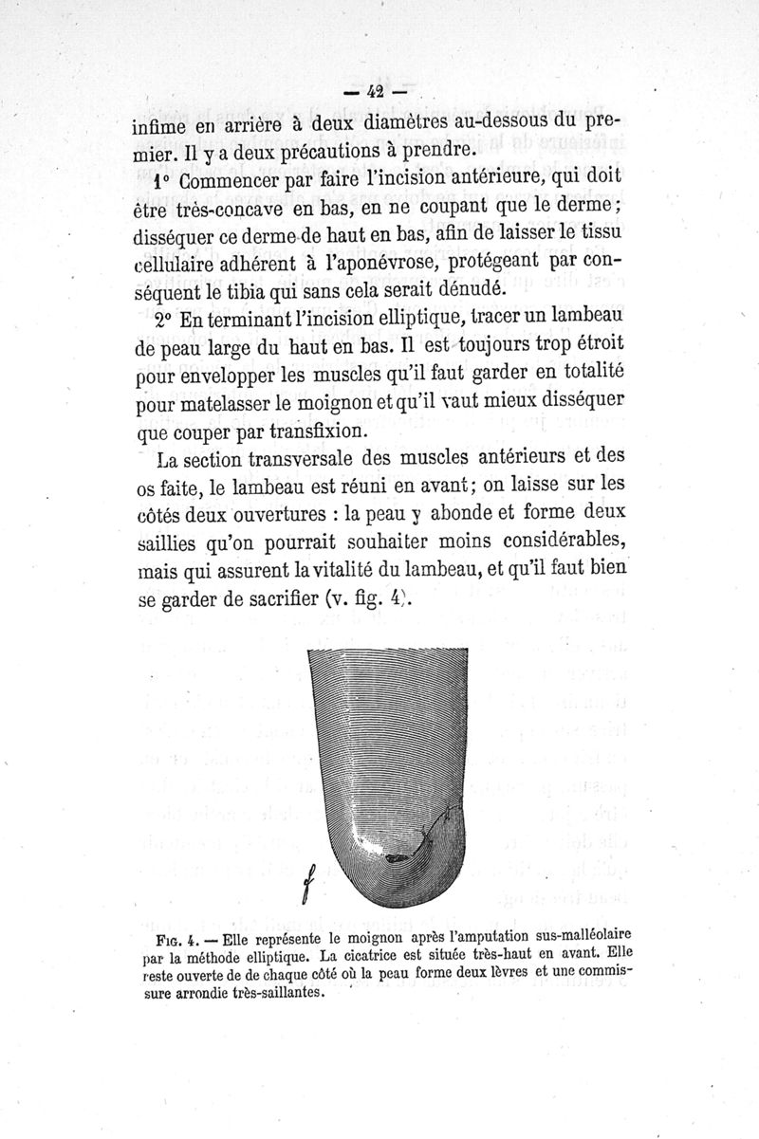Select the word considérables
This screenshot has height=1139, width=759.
click(x=564, y=544)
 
